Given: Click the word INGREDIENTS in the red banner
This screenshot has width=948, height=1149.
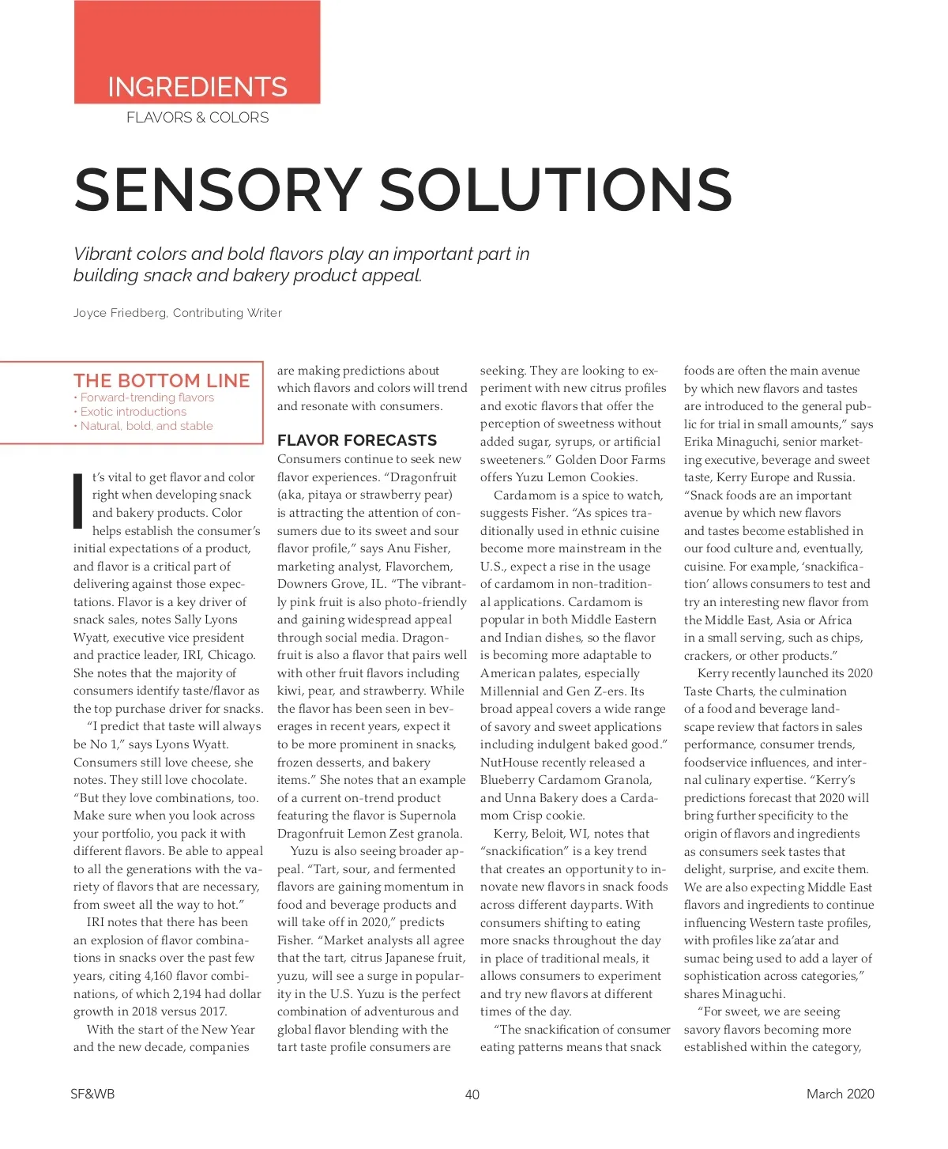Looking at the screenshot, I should [197, 87].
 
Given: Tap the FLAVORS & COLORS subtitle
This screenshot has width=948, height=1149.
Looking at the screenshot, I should [197, 118].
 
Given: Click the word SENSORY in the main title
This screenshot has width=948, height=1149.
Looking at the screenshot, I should [218, 190].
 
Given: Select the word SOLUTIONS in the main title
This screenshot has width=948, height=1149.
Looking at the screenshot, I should [556, 190].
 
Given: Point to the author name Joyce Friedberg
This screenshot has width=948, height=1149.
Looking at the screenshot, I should [120, 313].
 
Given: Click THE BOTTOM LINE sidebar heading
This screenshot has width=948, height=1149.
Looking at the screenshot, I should [162, 380].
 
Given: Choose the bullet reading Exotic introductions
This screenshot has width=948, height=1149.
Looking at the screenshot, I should [133, 412].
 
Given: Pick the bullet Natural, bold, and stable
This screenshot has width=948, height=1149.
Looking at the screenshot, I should [146, 426].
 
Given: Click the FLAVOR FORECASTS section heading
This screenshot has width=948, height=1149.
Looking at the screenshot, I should [357, 440].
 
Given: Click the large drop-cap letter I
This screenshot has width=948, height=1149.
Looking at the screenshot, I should [78, 501].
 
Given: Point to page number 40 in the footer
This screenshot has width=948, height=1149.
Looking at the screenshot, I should [472, 1094].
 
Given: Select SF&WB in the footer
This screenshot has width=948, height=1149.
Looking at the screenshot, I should [92, 1094].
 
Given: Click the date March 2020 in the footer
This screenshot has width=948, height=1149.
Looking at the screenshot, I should [840, 1094].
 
